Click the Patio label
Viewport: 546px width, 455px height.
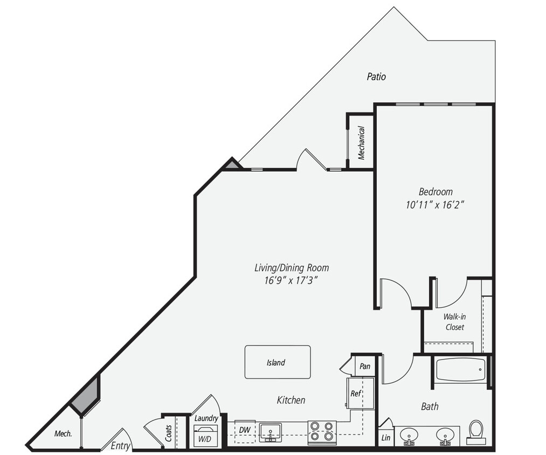(376, 77)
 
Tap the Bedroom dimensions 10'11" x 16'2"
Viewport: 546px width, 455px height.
(436, 205)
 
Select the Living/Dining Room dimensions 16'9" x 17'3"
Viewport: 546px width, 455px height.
(291, 281)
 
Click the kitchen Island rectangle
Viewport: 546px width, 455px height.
(277, 362)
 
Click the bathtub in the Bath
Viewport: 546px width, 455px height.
(460, 370)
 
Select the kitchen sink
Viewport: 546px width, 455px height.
(270, 432)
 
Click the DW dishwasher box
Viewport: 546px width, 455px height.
(245, 429)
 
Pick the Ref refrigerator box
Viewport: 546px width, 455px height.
(360, 393)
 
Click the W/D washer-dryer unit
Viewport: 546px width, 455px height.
(205, 436)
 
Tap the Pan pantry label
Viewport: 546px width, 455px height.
(365, 367)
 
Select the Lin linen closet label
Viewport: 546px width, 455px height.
(385, 438)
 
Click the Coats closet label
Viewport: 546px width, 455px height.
(169, 433)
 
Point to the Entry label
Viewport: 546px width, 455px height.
(120, 446)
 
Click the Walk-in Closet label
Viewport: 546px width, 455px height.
(454, 322)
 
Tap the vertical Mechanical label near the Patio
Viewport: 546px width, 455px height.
(362, 143)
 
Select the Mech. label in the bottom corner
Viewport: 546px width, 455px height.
(63, 433)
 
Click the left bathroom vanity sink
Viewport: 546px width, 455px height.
(409, 435)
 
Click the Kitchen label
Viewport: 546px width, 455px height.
(291, 400)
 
